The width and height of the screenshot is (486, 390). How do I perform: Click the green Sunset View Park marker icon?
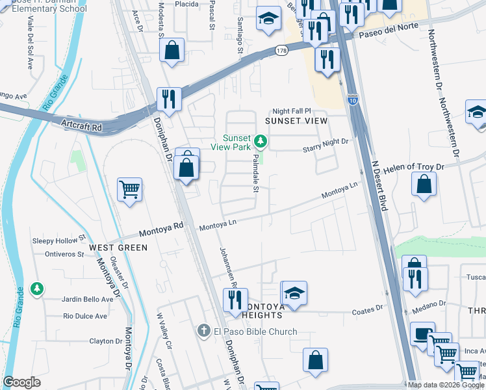[260, 140]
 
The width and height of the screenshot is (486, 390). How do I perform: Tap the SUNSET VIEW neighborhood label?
[296, 121]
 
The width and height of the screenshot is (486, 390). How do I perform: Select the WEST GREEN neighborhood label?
[118, 248]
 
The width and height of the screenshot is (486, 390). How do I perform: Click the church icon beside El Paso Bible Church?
[203, 331]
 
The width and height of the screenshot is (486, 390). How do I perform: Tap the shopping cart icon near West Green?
[130, 190]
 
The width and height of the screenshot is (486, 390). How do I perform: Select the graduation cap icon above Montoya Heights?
[294, 293]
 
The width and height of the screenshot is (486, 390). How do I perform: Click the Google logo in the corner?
[22, 382]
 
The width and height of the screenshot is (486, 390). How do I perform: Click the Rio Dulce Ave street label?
[84, 317]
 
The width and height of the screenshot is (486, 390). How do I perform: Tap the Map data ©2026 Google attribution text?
[445, 385]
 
